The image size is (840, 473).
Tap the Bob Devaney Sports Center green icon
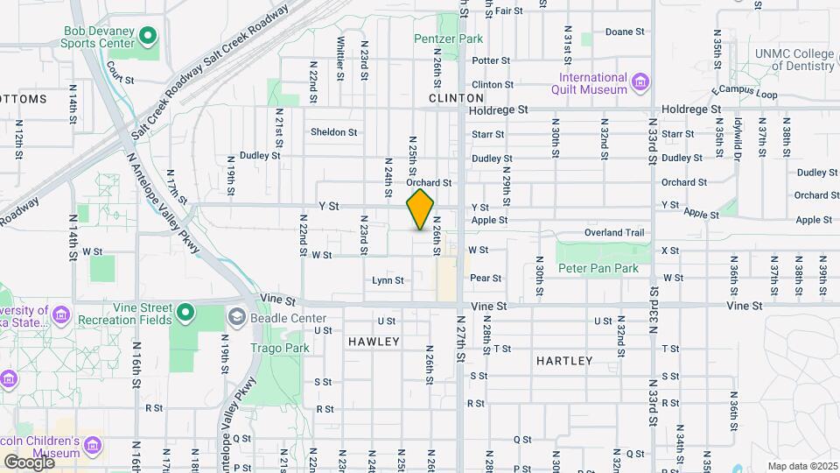(x=148, y=37)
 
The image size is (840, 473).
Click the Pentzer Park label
(x=449, y=39)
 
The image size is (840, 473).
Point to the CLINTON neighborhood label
(x=456, y=98)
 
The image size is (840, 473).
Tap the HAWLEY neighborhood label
(x=374, y=341)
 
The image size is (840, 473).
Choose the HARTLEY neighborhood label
(x=563, y=360)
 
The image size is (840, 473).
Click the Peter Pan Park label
(x=598, y=268)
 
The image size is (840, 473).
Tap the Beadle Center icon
(x=236, y=316)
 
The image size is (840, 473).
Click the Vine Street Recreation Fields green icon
(x=185, y=312)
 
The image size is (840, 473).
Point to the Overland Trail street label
(x=614, y=233)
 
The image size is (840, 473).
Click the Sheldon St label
(x=334, y=133)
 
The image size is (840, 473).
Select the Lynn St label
(x=388, y=281)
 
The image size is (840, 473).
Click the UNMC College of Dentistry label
(x=794, y=60)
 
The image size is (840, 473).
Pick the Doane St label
(x=625, y=32)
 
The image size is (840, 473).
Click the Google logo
(x=29, y=462)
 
